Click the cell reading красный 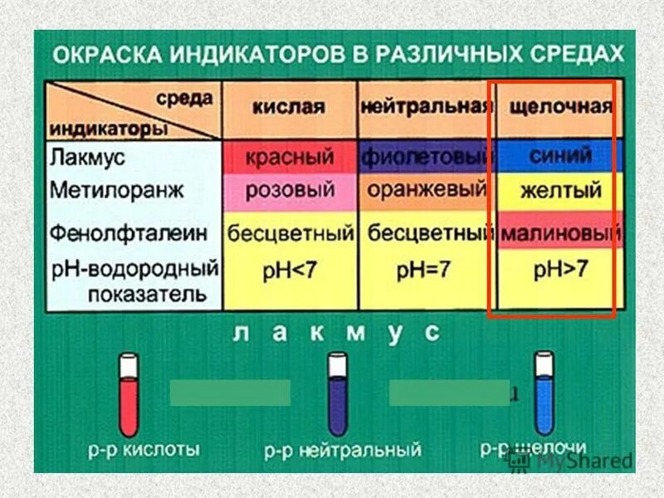(x=290, y=157)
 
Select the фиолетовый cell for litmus (x=423, y=157)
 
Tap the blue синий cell (x=560, y=155)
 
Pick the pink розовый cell (x=290, y=190)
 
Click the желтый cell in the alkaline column (x=560, y=191)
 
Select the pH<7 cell (x=290, y=271)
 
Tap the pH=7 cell (x=425, y=271)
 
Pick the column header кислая (x=290, y=108)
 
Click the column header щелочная (x=560, y=108)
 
